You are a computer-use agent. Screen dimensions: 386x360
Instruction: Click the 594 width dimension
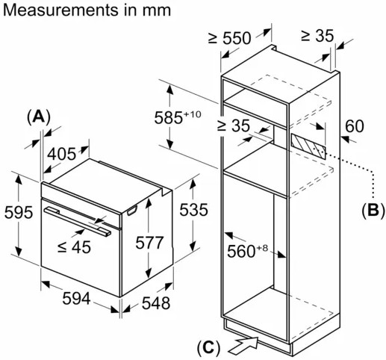pyautogui.click(x=76, y=298)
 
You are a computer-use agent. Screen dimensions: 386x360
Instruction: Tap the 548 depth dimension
pyautogui.click(x=156, y=303)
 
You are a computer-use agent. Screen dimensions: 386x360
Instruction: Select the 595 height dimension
pyautogui.click(x=19, y=212)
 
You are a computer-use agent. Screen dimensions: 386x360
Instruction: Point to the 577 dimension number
pyautogui.click(x=149, y=243)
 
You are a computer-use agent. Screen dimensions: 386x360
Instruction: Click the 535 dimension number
pyautogui.click(x=193, y=209)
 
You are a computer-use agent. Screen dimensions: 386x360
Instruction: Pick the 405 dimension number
pyautogui.click(x=61, y=154)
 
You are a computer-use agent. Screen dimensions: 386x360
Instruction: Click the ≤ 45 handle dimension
pyautogui.click(x=74, y=247)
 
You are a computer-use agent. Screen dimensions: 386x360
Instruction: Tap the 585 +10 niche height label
pyautogui.click(x=178, y=117)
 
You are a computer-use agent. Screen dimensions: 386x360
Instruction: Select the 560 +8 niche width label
pyautogui.click(x=247, y=250)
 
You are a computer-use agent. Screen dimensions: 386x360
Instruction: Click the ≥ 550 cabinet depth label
pyautogui.click(x=229, y=38)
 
